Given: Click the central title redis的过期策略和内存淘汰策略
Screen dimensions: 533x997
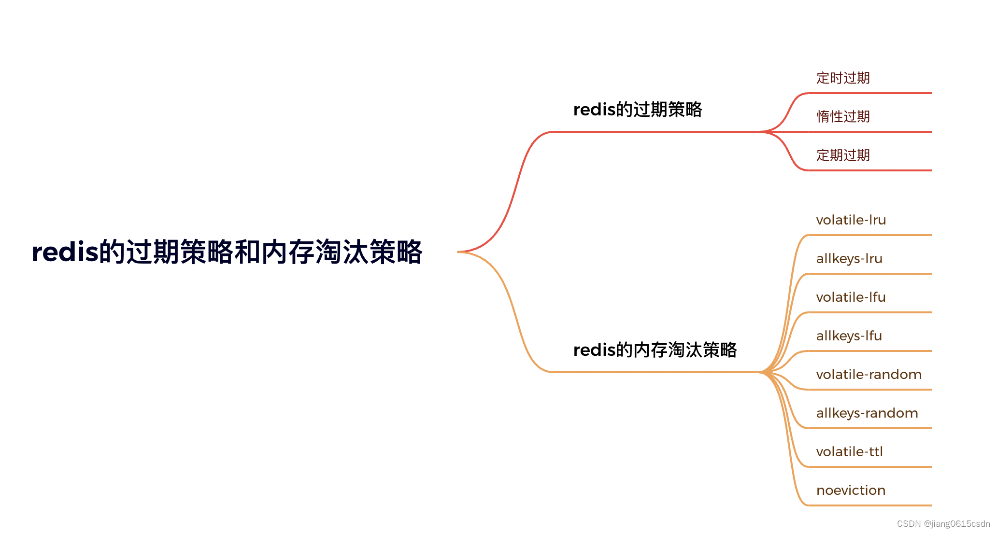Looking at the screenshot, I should (x=227, y=252).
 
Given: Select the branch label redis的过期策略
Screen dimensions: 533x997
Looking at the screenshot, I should (x=637, y=110).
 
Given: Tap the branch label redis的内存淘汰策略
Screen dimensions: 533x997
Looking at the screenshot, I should (x=655, y=350).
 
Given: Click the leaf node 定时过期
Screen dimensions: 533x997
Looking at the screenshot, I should (x=843, y=78).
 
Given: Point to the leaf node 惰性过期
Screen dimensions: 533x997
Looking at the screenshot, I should (x=843, y=116).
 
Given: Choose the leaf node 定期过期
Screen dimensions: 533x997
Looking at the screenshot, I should (x=843, y=155).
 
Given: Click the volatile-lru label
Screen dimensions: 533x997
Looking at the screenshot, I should (x=851, y=220).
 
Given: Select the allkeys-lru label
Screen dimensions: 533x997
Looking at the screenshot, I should (x=849, y=259).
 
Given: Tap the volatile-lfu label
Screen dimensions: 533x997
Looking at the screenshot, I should (x=851, y=297).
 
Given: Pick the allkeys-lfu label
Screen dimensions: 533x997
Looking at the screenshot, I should (x=849, y=336).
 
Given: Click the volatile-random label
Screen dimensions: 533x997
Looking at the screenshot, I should (x=869, y=375).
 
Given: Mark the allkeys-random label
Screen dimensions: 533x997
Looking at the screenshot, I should (x=867, y=413).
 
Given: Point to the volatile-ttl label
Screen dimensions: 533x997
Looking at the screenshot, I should (x=849, y=452).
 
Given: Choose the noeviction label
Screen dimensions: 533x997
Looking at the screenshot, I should (x=851, y=491).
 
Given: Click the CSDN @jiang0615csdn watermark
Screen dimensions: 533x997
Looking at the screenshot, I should (x=943, y=524).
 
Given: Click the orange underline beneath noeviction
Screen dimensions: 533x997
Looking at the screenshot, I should (x=869, y=505).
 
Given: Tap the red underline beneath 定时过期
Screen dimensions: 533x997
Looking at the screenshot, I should (x=869, y=93).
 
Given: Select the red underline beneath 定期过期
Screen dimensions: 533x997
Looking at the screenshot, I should (x=869, y=170).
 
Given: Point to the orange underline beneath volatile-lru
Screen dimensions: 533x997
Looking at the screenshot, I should (x=869, y=235).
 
